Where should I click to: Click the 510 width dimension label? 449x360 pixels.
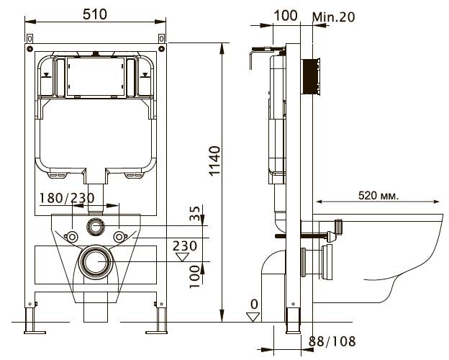(95, 14)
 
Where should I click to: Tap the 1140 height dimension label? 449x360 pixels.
(214, 161)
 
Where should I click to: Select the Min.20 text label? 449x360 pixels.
(334, 17)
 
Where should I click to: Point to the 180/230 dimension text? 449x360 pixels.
(67, 198)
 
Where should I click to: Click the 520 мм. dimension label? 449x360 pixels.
(378, 196)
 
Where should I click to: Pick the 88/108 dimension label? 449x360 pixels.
(332, 341)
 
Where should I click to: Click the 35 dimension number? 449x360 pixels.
(195, 214)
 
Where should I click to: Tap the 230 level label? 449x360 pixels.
(185, 246)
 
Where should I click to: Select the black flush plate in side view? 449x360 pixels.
(309, 76)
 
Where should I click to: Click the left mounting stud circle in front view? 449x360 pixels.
(72, 238)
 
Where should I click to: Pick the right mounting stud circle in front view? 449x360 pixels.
(119, 238)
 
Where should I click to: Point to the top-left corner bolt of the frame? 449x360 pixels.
(30, 48)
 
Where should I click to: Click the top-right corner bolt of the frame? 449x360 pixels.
(162, 48)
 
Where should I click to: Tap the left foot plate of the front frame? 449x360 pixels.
(35, 333)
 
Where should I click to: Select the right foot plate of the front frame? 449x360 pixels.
(156, 333)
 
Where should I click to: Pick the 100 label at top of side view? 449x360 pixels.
(286, 15)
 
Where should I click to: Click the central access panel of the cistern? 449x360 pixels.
(96, 76)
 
